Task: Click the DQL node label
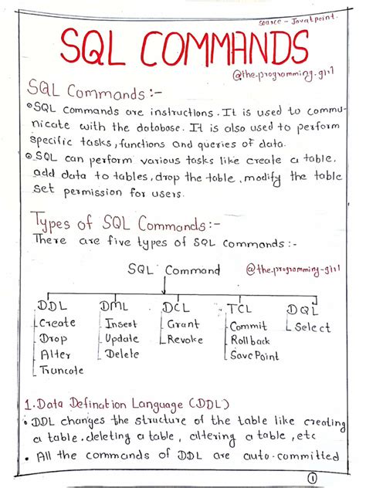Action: coord(303,309)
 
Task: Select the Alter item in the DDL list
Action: coord(56,354)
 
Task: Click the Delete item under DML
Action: coord(122,354)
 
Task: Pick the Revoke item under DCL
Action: coord(185,340)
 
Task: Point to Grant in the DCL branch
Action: coord(183,324)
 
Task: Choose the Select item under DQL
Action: coord(311,327)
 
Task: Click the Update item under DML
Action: coord(122,339)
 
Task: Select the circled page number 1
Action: coord(312,478)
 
